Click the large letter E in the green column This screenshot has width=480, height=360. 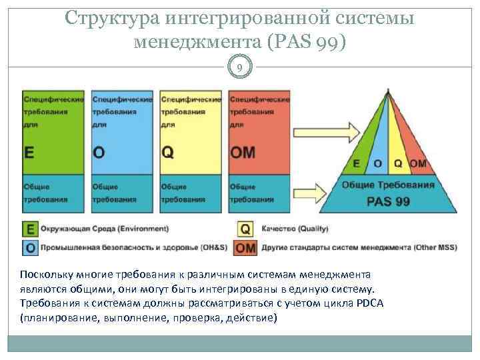pyautogui.click(x=29, y=152)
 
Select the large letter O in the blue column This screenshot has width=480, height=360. pyautogui.click(x=98, y=152)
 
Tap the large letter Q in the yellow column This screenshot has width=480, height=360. pyautogui.click(x=167, y=152)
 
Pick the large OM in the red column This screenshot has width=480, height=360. pyautogui.click(x=242, y=152)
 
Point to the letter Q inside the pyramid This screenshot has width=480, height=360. pyautogui.click(x=398, y=163)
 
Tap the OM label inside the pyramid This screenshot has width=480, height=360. pyautogui.click(x=417, y=163)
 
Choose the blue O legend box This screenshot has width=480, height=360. pyautogui.click(x=29, y=247)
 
